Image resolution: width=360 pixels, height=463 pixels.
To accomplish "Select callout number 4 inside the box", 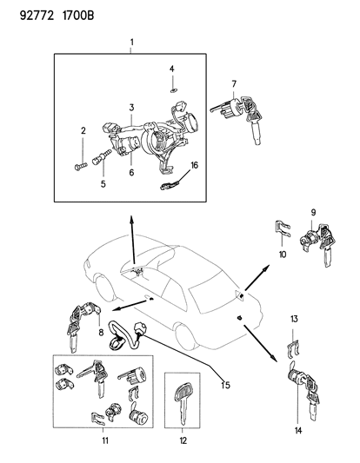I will tap(171, 68).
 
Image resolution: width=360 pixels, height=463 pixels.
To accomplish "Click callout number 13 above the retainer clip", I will tap(294, 320).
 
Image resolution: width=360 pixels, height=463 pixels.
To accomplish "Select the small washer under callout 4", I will tap(172, 87).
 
